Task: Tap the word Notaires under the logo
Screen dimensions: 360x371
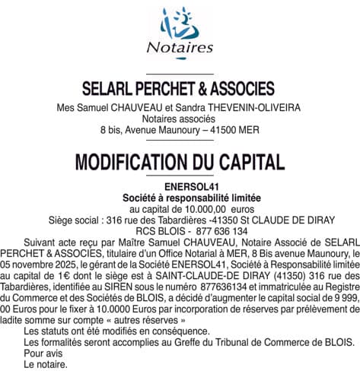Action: (180, 48)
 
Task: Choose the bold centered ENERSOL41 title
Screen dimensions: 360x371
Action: (180, 187)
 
